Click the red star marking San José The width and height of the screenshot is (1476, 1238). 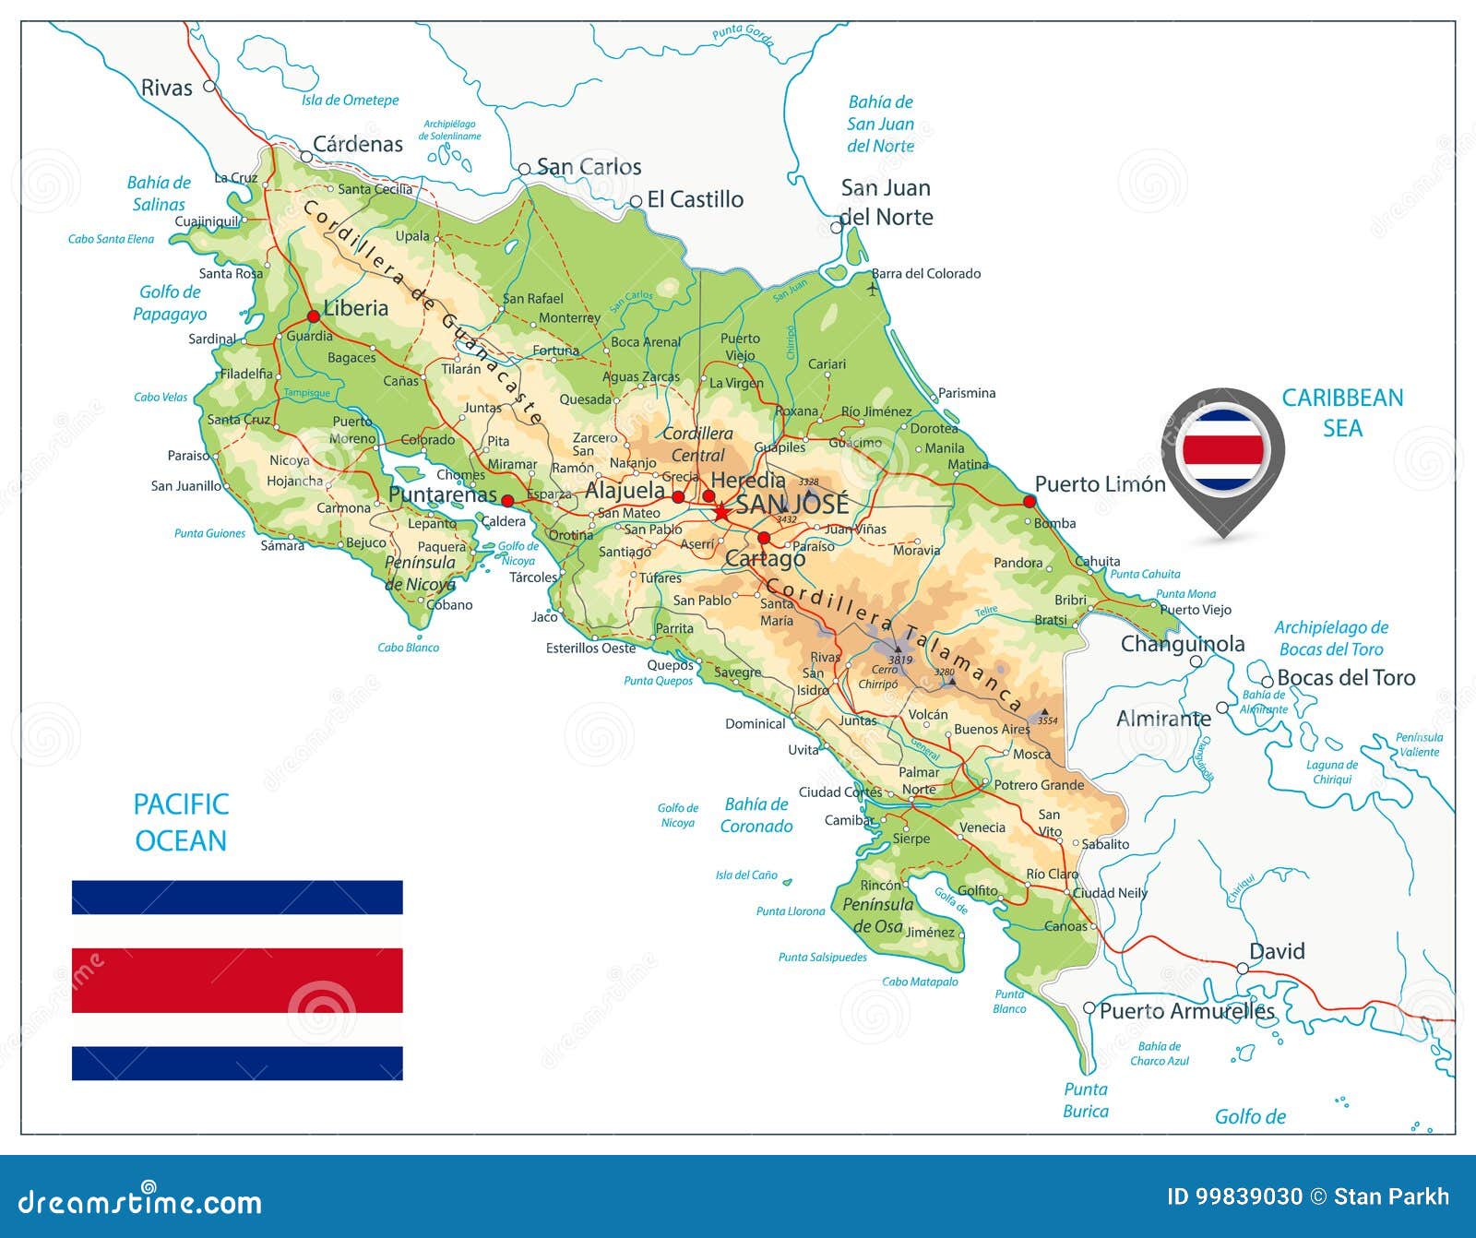point(721,511)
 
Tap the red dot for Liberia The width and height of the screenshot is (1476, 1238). point(314,316)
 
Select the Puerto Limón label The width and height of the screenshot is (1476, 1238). point(1100,484)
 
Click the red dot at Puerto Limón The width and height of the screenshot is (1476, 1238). point(1030,501)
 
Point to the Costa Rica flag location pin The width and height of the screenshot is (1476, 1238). point(1222,452)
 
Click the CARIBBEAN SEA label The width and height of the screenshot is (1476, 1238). point(1342,412)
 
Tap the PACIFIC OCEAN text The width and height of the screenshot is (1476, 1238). point(181,822)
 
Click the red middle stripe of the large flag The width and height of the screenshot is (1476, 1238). point(237,980)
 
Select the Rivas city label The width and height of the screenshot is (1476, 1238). point(166,89)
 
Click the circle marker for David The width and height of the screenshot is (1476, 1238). point(1243,969)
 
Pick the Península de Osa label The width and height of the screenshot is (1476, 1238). point(877,915)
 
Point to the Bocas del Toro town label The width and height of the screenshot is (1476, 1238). point(1345,678)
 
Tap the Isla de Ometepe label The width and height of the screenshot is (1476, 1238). point(350,101)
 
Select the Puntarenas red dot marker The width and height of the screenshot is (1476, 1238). point(506,501)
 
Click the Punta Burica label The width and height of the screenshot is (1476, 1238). point(1086,1100)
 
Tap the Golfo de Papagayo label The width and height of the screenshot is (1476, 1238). point(170,303)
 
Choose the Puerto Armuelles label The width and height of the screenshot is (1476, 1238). point(1186,1011)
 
